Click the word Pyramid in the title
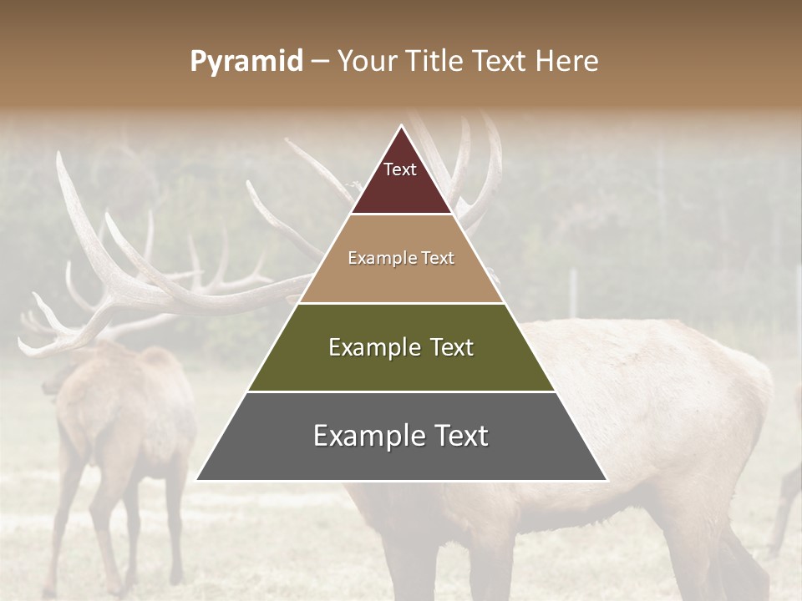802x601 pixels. click(x=246, y=62)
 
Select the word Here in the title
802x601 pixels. click(x=567, y=62)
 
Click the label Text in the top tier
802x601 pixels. click(x=400, y=169)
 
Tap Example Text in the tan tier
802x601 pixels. click(x=401, y=258)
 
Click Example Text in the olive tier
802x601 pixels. click(x=401, y=347)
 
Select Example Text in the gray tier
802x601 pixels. click(x=401, y=436)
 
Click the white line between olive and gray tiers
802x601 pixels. click(x=401, y=391)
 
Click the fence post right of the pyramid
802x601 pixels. click(x=574, y=292)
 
